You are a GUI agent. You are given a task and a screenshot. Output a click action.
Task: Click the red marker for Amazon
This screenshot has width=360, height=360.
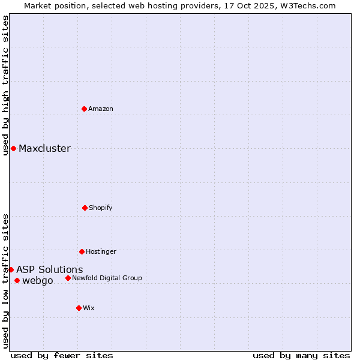coord(84,109)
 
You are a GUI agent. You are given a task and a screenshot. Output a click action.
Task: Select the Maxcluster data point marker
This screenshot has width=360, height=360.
coord(13,148)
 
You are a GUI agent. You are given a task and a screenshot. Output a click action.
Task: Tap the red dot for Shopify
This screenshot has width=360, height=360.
coord(85,208)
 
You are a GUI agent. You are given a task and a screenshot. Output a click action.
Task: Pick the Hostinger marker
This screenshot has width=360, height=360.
coord(82,251)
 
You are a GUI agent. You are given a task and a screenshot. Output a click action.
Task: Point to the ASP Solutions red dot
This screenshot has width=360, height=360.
coord(11,269)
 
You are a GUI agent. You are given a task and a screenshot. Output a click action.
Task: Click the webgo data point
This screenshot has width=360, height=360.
coord(17,280)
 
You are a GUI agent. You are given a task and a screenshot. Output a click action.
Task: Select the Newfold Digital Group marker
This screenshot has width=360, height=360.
coord(68,278)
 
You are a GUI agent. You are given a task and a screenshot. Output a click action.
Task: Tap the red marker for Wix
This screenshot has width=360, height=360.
coord(79,308)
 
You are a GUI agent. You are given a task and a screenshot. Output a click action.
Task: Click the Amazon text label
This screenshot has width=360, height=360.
coord(101,109)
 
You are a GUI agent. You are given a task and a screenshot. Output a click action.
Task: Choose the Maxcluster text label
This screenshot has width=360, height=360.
coord(44,149)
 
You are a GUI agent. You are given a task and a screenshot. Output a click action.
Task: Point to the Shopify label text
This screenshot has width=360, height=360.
coord(101,208)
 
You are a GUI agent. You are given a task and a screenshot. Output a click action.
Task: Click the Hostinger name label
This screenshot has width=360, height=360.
coord(101,251)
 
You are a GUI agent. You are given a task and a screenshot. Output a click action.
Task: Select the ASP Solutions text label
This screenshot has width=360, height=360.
coord(50,270)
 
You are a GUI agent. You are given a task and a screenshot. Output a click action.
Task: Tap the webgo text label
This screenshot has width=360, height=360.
coord(38,281)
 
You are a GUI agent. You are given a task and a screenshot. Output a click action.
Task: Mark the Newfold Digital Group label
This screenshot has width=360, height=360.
coord(107,278)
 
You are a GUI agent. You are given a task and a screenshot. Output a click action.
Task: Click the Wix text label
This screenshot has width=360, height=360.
coord(89,308)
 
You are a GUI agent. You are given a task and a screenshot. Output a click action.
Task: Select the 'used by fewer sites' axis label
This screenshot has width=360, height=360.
coord(62,355)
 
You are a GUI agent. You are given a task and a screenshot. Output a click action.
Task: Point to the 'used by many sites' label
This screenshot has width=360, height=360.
coord(301,355)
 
